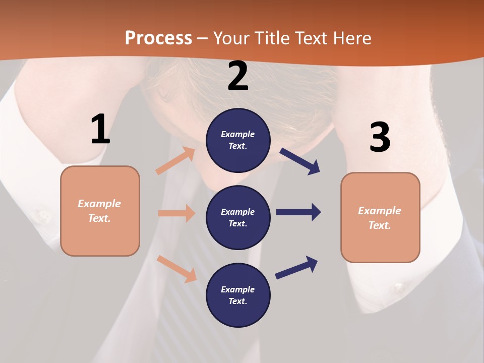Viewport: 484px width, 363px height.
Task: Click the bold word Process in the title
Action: point(158,38)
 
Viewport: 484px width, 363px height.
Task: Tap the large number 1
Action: point(100,129)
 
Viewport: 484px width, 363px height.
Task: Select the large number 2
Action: point(238,77)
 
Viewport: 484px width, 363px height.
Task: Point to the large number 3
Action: point(380,137)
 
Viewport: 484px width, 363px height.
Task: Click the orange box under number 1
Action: point(100,211)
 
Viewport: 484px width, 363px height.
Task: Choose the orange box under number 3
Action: point(380,217)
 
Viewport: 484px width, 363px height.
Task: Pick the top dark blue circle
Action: point(238,140)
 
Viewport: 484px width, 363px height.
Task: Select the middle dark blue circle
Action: point(238,217)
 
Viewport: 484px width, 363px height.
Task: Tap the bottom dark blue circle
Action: point(238,295)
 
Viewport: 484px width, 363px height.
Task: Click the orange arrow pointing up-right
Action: point(175,161)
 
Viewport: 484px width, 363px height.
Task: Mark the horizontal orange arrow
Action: point(176,213)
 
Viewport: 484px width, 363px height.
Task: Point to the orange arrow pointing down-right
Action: point(176,269)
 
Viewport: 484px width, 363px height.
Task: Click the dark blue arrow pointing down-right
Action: point(300,161)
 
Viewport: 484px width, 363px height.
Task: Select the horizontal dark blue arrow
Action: point(298,212)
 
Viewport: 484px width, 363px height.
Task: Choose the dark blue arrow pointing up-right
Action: point(296,267)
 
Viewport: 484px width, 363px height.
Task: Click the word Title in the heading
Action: point(273,38)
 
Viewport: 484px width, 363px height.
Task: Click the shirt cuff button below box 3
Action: point(399,288)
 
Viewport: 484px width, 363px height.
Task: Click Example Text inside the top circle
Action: point(238,140)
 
